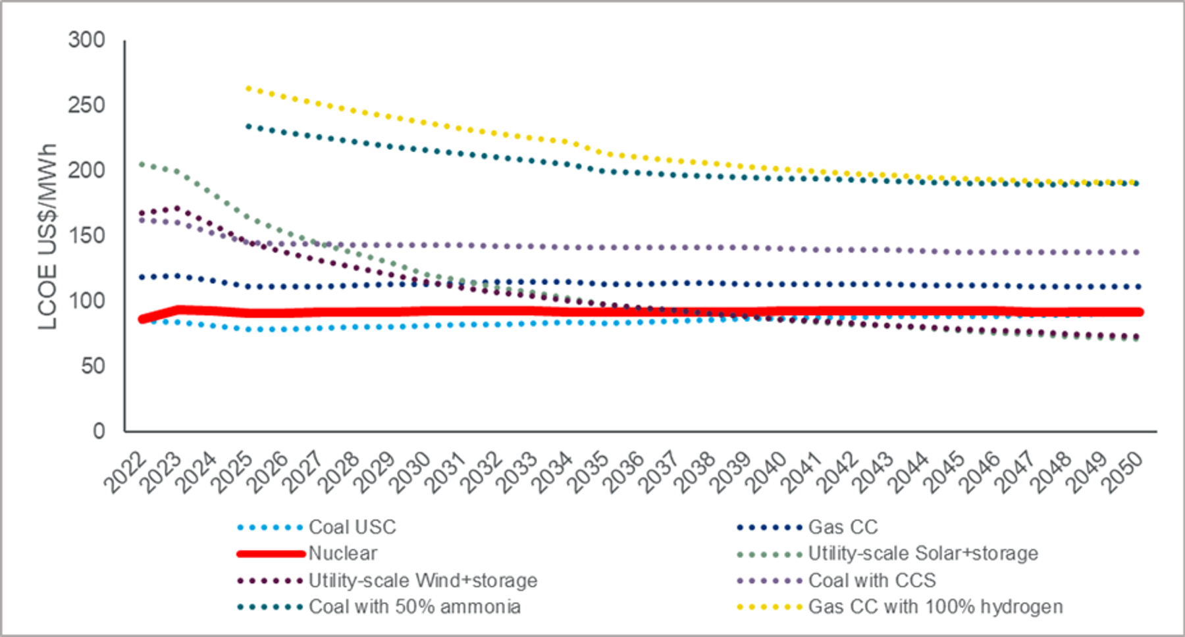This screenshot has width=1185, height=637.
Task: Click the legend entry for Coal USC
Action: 352,527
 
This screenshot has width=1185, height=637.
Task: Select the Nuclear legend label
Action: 342,553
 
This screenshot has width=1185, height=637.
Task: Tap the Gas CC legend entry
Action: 843,527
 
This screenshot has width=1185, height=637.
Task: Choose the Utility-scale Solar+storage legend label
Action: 923,553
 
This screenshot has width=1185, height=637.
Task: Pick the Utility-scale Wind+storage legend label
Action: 423,580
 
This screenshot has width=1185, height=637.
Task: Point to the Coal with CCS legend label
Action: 872,580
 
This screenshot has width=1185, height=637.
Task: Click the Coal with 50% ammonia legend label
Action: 414,607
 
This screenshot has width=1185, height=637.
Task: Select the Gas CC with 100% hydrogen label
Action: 935,607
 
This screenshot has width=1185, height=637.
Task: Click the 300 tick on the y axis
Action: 87,40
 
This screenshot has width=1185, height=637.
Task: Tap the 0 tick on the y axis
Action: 99,431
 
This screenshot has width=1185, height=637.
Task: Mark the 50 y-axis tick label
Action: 93,366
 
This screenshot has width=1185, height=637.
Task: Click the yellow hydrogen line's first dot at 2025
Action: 248,88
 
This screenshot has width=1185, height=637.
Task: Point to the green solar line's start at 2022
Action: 142,164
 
